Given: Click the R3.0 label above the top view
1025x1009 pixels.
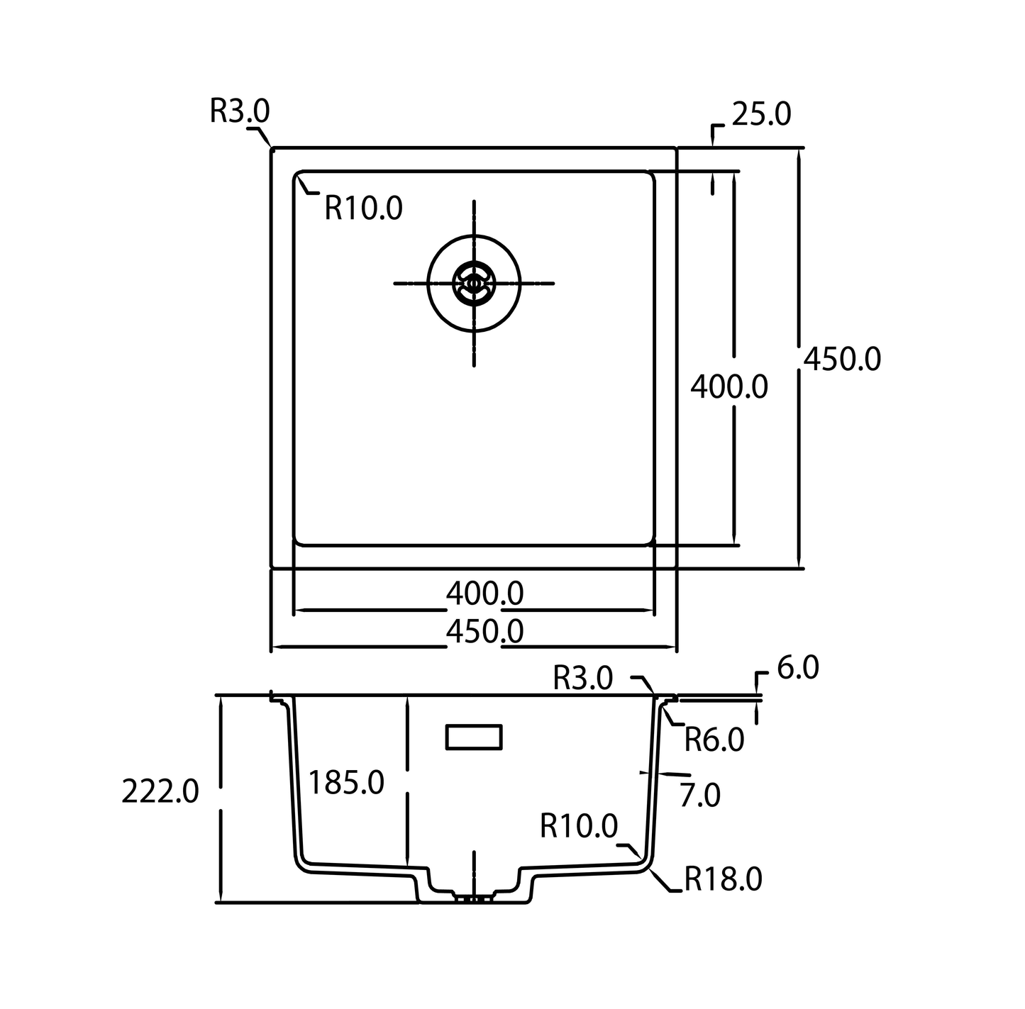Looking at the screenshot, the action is pos(240,111).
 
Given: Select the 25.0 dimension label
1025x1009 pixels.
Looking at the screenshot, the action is pos(761,114).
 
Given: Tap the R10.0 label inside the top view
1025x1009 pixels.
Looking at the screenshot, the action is pos(363,208).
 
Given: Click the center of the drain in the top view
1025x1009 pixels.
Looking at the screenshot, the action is pos(474,284).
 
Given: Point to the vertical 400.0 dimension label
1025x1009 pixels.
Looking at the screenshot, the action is pos(729,386).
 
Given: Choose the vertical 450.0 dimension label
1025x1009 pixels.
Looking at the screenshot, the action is pos(842,359).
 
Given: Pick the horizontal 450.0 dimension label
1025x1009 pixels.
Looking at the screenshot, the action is pos(484,632).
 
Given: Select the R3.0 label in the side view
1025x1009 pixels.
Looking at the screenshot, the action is pos(583,678).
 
